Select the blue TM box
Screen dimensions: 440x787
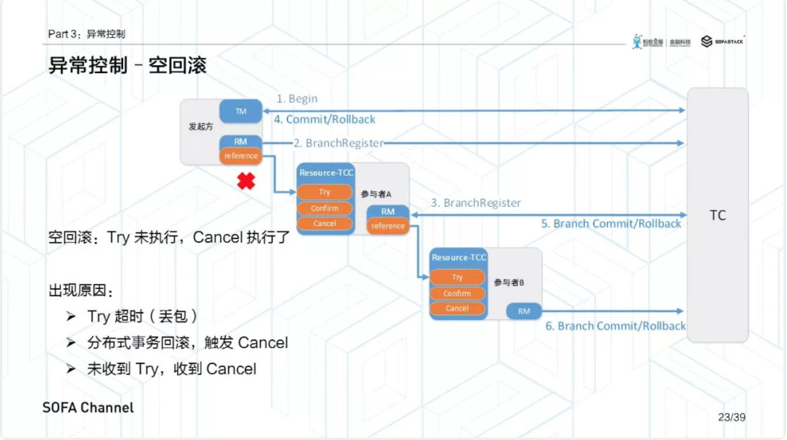tap(241, 111)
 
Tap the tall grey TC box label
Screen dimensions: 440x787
tap(717, 215)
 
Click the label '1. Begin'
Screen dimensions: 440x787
tap(297, 99)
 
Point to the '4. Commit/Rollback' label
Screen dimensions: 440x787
tap(324, 120)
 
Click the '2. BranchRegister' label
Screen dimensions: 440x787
tap(338, 143)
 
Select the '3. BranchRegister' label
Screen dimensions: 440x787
tap(476, 203)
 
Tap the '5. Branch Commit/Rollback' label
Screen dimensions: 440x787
tap(611, 224)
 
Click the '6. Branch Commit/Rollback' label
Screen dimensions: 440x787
tap(615, 326)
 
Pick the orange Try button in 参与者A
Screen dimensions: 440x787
tap(324, 192)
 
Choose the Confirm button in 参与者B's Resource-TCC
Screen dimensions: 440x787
tap(457, 293)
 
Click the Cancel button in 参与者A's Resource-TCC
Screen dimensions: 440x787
tap(324, 223)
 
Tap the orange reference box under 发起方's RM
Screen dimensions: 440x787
tap(241, 156)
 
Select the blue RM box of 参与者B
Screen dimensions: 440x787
tap(524, 311)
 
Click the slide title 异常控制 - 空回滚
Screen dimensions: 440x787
tap(127, 66)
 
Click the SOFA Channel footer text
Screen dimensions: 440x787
tap(88, 407)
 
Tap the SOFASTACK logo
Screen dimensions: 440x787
tap(723, 41)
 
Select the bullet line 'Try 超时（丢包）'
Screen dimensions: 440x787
tap(142, 316)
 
